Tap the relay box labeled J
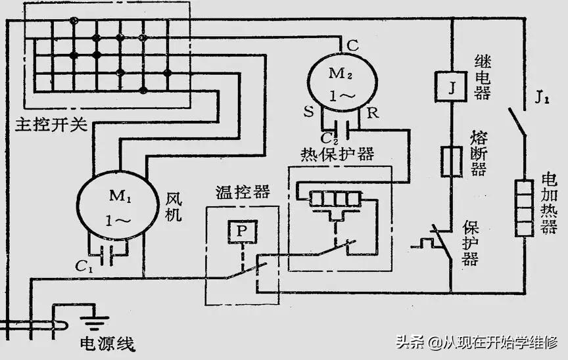pos(451,87)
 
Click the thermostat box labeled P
pos(241,231)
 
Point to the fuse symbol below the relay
pos(451,162)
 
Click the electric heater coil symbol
pos(524,206)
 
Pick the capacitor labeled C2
pos(340,124)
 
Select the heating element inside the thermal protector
pos(332,198)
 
